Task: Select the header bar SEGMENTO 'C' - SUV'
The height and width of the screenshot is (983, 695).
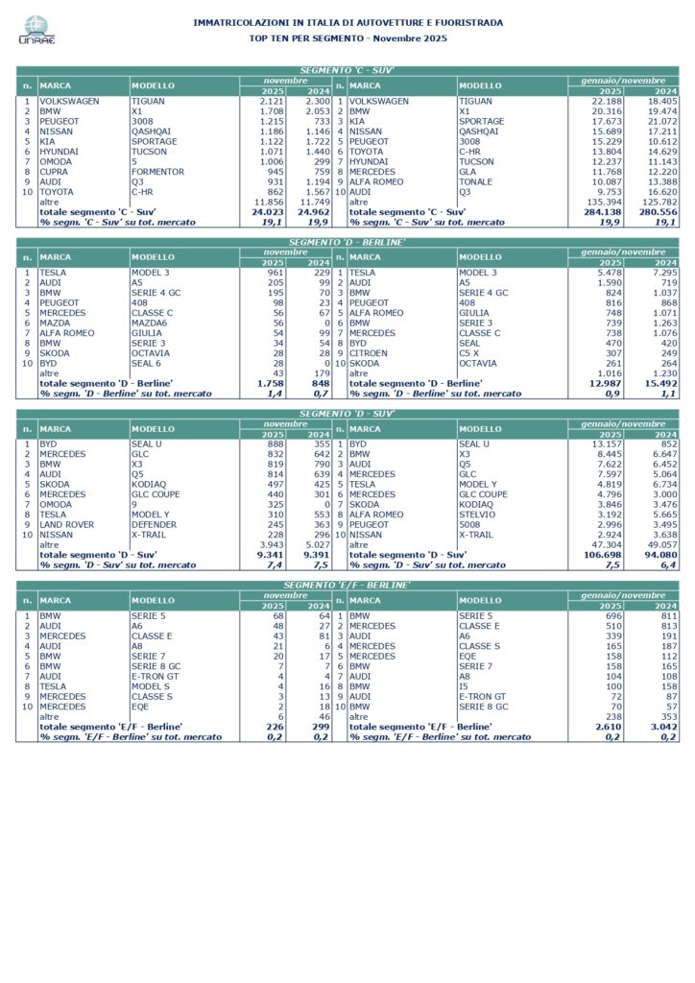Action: click(x=347, y=71)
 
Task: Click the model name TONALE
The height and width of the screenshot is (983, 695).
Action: click(x=475, y=182)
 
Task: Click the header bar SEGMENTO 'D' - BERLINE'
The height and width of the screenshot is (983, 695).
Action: click(x=347, y=242)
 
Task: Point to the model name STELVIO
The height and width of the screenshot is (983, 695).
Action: click(x=476, y=515)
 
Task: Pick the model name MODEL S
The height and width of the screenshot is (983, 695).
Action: click(x=152, y=686)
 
